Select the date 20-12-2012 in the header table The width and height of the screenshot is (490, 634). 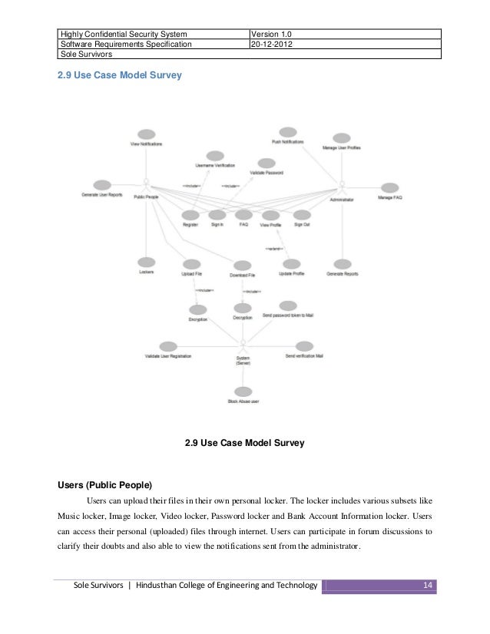click(274, 44)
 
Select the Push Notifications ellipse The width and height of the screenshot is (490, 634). click(288, 132)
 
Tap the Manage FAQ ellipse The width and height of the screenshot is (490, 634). click(389, 188)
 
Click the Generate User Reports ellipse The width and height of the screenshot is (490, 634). click(102, 185)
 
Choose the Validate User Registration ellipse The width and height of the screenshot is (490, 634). click(168, 347)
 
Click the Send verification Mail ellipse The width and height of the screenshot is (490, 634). click(304, 347)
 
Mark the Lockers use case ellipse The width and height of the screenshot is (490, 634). click(147, 263)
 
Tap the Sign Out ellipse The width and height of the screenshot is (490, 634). click(302, 215)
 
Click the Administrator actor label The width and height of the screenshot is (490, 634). click(342, 198)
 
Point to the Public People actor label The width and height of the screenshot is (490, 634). click(146, 197)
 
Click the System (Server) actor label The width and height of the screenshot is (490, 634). click(243, 359)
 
